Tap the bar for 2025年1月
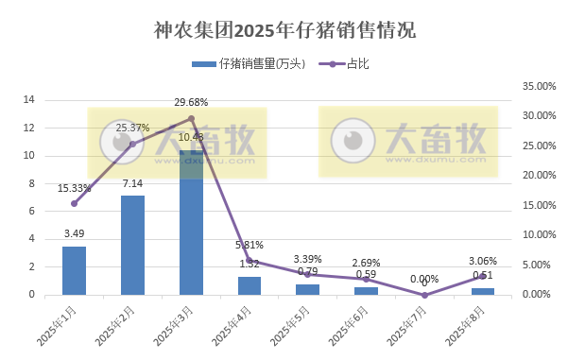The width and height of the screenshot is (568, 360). click(x=74, y=270)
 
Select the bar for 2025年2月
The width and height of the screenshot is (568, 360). click(x=132, y=245)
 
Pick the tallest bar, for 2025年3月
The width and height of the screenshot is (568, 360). click(x=191, y=223)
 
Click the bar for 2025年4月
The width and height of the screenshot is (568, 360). click(x=250, y=285)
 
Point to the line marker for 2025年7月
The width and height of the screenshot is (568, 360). click(x=424, y=295)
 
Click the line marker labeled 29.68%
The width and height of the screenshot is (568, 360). click(x=191, y=118)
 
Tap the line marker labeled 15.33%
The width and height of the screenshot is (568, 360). click(x=74, y=203)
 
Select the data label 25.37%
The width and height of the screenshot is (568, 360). click(x=133, y=128)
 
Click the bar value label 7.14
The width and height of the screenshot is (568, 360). click(x=132, y=183)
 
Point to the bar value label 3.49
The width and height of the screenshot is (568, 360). click(x=74, y=233)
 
